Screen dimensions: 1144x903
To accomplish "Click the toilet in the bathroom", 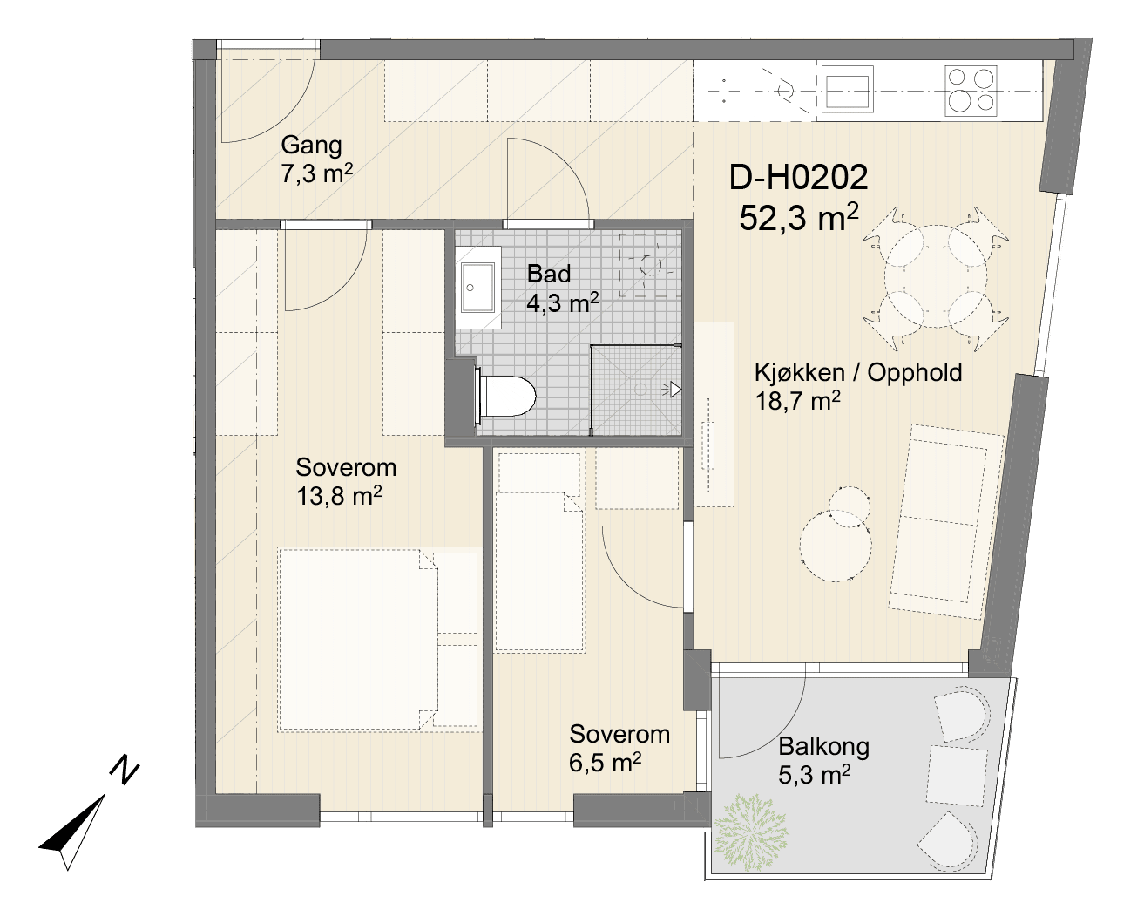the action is pos(505,396).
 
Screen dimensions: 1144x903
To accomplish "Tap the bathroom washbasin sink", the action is pos(478,287).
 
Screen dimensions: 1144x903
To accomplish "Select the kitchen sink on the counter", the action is pos(848,90).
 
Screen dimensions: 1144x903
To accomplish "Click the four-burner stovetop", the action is pos(971,91).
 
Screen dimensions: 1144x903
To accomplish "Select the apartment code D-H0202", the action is pos(798,177).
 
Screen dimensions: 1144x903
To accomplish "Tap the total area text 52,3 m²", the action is pos(798,218).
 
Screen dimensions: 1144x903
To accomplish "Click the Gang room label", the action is pos(311,146).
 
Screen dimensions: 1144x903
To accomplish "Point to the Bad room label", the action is pos(549,274).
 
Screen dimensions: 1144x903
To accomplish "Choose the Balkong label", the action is pos(824,747).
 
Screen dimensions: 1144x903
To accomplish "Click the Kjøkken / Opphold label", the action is pos(858,372).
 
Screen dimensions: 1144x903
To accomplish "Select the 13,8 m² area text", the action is pos(339,496).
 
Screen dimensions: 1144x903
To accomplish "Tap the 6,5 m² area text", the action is pos(605,763).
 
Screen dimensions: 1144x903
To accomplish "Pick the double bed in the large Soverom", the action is pos(378,640).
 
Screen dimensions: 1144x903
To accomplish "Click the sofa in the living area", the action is pos(941,522).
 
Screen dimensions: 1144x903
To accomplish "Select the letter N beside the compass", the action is pos(125,770).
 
